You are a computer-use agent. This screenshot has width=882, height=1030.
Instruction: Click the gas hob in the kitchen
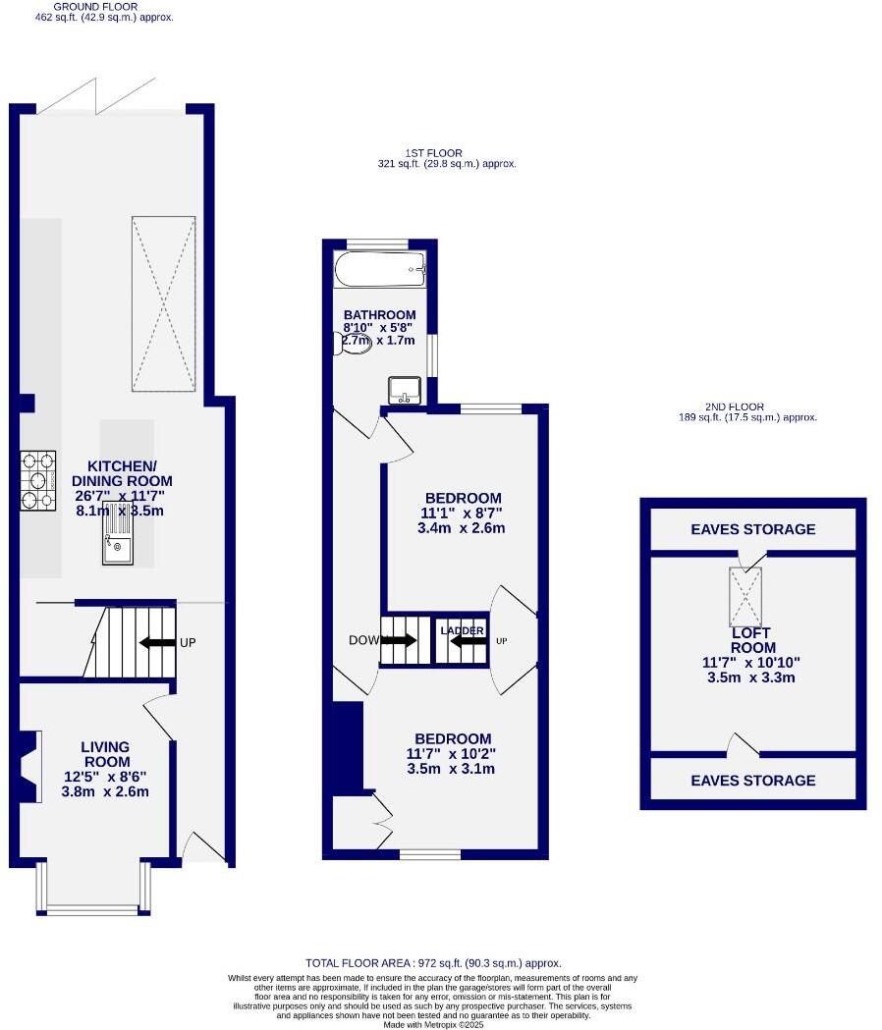[x=38, y=480]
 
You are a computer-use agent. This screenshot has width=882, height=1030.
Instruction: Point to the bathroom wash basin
[x=405, y=390]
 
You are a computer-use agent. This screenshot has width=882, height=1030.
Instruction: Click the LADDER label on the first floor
[x=462, y=630]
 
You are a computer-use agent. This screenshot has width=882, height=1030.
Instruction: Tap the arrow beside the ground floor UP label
[x=156, y=643]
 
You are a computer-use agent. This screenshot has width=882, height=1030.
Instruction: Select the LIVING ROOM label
[x=106, y=754]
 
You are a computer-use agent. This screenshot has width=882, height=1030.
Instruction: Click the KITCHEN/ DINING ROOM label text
[x=122, y=473]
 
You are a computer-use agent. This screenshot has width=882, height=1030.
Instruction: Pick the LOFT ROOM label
[x=753, y=640]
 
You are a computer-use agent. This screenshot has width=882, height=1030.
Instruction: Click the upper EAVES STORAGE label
[x=752, y=529]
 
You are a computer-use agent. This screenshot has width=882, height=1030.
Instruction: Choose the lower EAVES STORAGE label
[x=752, y=781]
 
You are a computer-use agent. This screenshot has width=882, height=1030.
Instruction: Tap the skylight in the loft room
[x=744, y=597]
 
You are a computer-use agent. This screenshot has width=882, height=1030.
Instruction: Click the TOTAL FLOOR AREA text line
[x=432, y=964]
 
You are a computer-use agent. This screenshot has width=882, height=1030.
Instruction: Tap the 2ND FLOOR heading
[x=734, y=407]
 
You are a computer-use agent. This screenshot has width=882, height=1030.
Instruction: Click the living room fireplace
[x=31, y=767]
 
